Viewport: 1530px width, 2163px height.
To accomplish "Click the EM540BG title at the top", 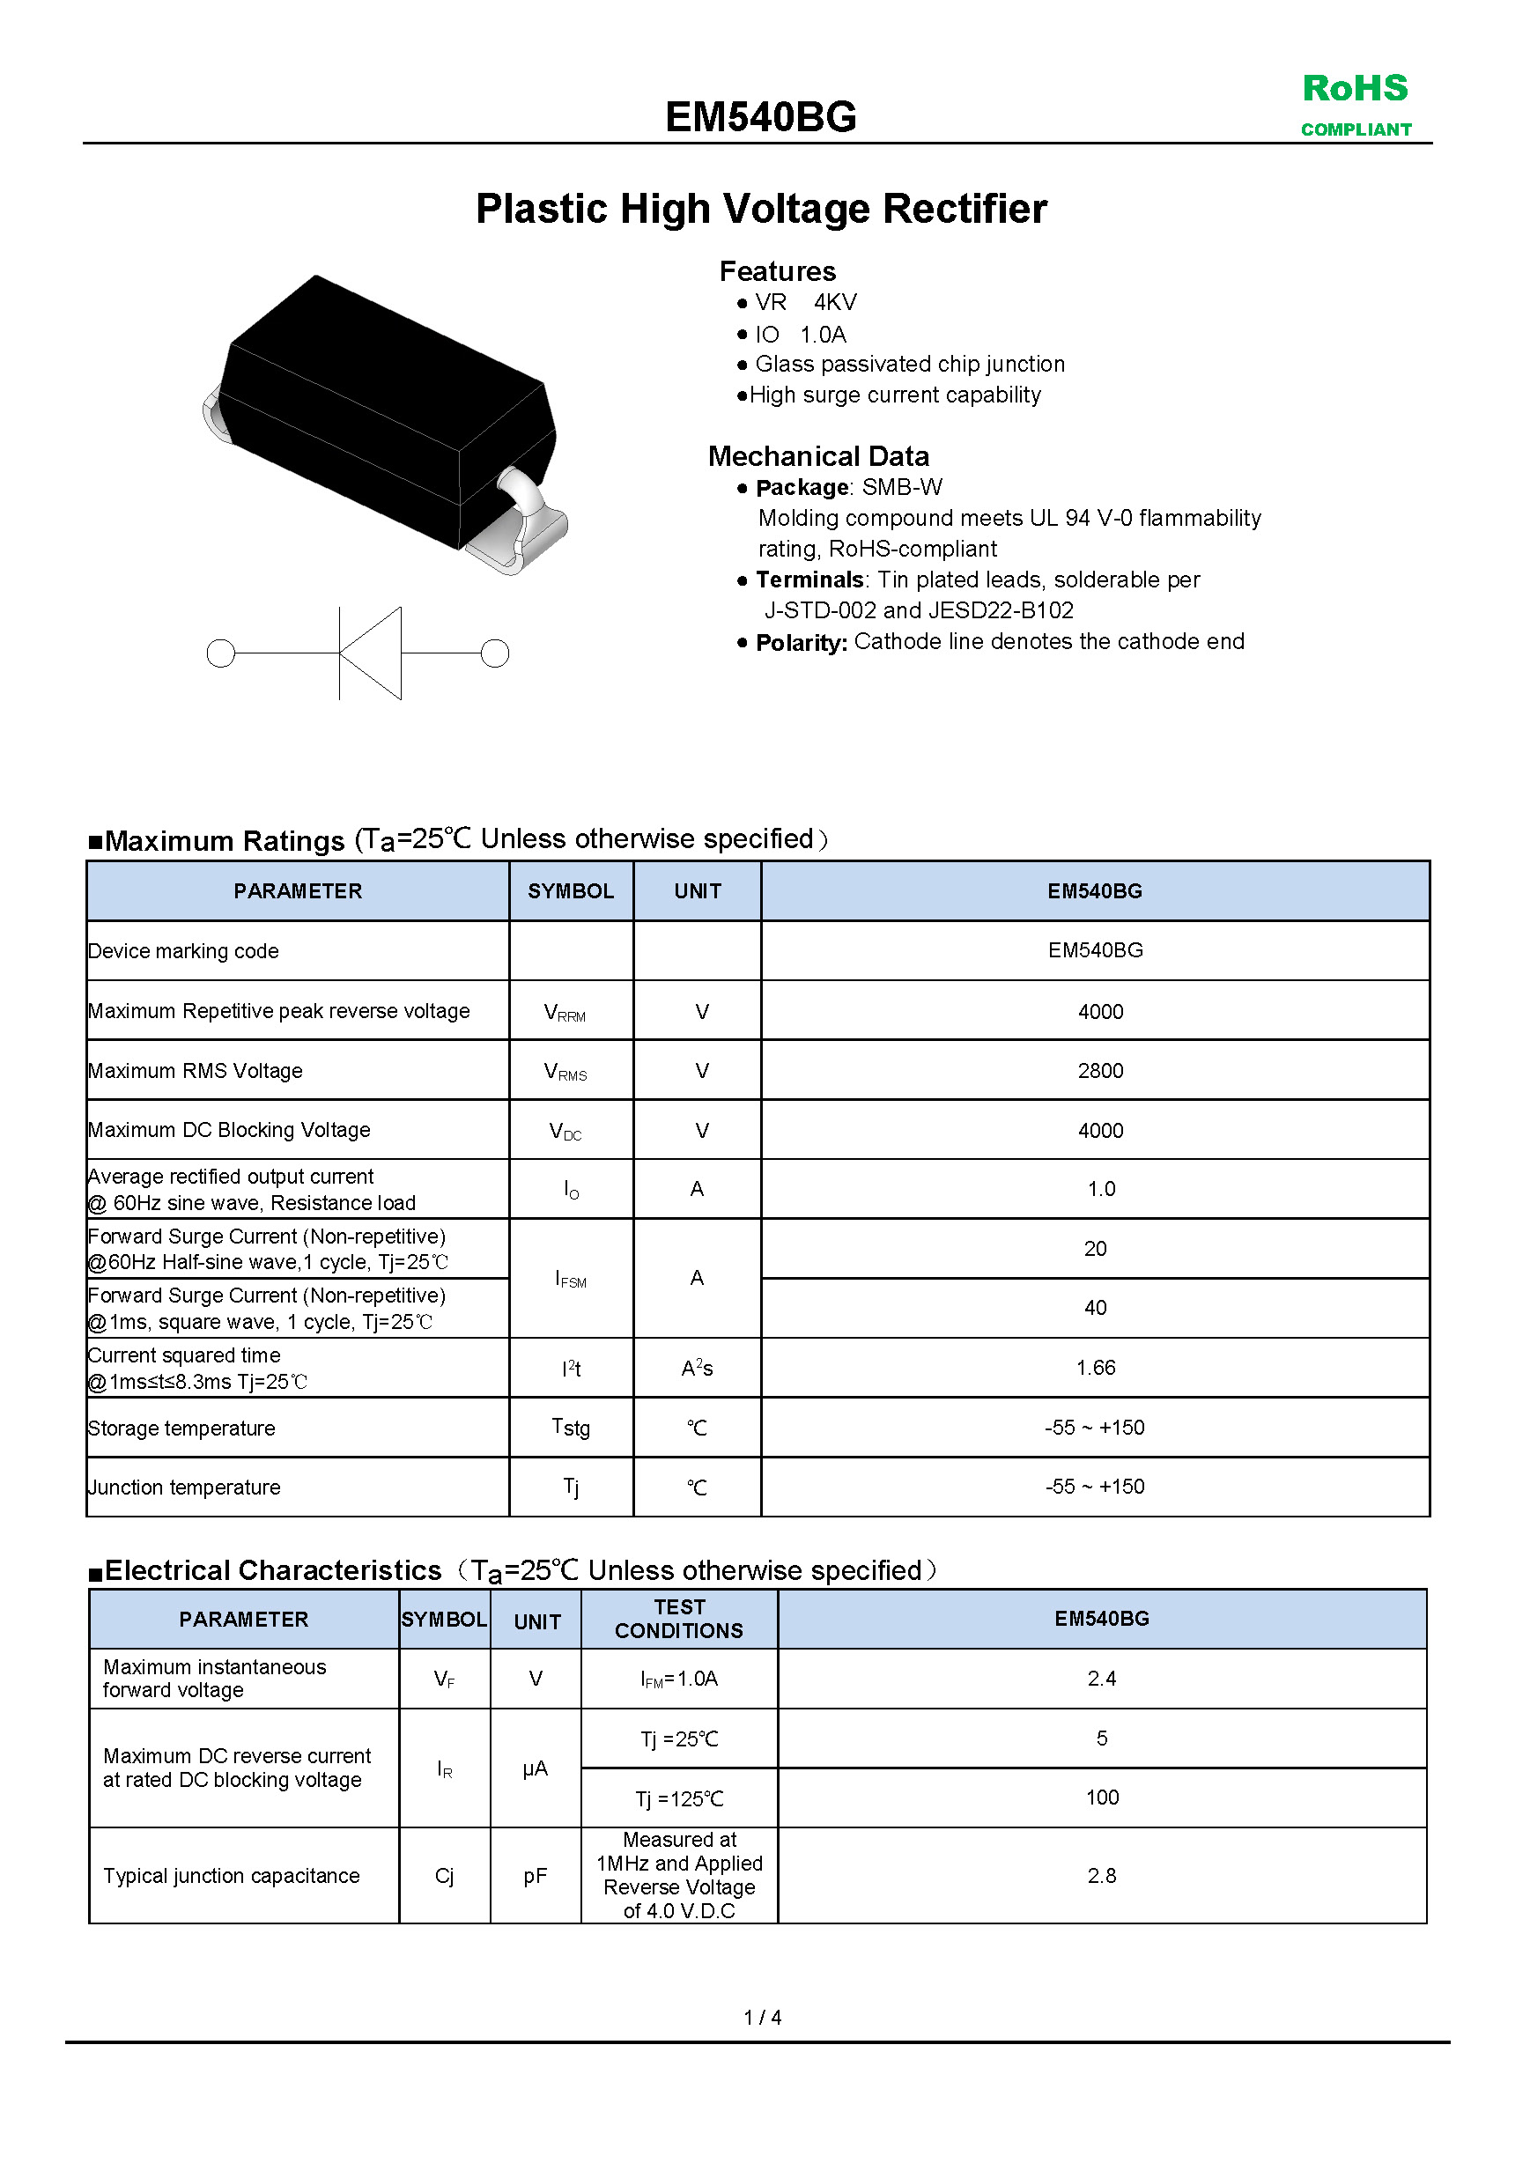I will point(760,118).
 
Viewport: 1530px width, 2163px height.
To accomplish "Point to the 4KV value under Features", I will point(835,302).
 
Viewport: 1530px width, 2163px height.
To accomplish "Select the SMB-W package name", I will point(902,487).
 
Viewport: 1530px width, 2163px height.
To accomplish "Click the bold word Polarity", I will point(801,643).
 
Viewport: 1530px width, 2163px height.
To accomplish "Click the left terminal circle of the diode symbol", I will point(220,653).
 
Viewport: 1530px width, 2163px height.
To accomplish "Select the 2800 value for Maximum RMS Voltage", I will point(1099,1070).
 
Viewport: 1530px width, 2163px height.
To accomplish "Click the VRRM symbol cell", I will point(565,1013).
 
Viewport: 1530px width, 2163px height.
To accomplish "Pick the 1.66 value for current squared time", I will point(1095,1367).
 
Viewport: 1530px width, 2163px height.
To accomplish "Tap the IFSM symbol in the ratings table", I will point(570,1280).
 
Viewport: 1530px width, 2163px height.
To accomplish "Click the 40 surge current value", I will point(1095,1308).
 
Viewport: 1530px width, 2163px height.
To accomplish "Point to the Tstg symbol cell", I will point(571,1428).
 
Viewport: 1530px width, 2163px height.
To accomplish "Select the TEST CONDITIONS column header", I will point(678,1619).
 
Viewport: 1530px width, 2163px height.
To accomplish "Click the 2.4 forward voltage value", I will point(1101,1678).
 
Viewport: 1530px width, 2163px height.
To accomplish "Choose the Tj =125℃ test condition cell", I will point(678,1798).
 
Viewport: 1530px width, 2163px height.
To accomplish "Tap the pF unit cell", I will point(536,1876).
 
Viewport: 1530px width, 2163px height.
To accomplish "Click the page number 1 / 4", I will point(762,2017).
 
